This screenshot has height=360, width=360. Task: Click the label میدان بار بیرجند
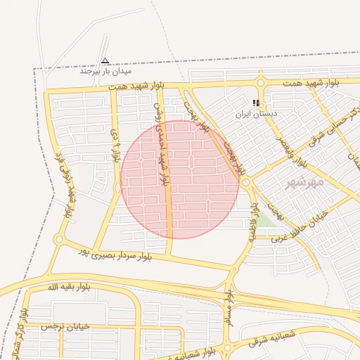(105, 71)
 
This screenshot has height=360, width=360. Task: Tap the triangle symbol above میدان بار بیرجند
(105, 60)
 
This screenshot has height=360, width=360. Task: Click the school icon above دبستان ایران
(256, 103)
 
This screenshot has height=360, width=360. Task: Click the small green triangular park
(264, 219)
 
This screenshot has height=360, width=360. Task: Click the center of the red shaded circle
(180, 179)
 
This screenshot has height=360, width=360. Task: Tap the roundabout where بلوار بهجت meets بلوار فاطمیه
(247, 183)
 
